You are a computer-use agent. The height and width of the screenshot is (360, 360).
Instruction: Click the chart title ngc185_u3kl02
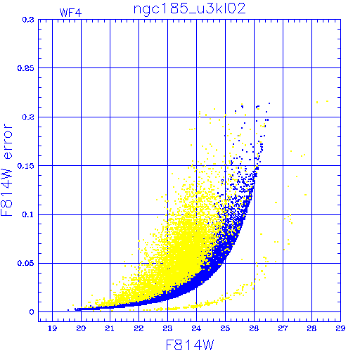[189, 9]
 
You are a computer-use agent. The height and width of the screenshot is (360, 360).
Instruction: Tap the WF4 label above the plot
[70, 13]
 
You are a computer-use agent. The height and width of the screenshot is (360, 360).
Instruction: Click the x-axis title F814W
[190, 345]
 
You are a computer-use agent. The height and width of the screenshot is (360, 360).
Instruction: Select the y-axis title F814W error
[6, 170]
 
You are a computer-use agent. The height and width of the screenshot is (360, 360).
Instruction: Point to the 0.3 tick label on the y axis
[28, 20]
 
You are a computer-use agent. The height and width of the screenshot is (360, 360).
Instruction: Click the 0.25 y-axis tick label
[26, 68]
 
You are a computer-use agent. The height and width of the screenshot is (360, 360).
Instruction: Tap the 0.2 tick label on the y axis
[28, 117]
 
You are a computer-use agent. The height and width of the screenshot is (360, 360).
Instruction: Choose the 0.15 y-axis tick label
[26, 166]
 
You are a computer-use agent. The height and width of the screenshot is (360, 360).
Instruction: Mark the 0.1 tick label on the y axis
[28, 214]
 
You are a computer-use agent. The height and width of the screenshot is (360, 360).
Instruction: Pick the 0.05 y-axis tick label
[26, 263]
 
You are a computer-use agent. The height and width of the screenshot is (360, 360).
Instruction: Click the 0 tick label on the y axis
[32, 312]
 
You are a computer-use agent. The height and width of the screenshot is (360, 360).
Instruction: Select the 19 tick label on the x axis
[52, 328]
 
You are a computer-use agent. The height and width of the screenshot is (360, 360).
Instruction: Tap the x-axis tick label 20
[81, 328]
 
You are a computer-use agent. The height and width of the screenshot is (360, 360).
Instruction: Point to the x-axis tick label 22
[139, 328]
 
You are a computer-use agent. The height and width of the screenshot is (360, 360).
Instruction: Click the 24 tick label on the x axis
[196, 328]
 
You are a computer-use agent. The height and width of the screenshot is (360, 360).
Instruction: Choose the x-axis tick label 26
[254, 328]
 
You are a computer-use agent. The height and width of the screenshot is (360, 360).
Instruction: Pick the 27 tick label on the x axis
[283, 328]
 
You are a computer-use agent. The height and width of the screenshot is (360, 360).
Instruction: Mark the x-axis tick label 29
[340, 328]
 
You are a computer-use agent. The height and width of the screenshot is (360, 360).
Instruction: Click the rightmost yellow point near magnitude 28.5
[327, 101]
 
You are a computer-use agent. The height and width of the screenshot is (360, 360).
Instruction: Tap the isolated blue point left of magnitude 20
[68, 310]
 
